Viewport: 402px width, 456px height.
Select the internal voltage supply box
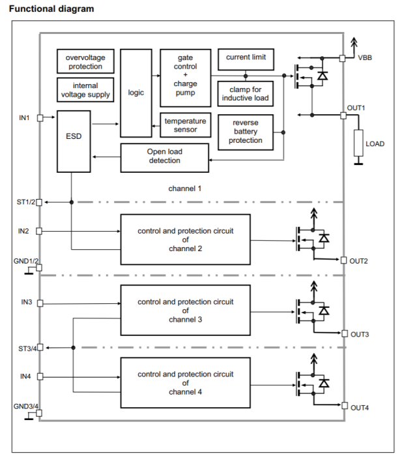[85, 89]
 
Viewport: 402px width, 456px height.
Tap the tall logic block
[136, 92]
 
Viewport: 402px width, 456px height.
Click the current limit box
[246, 58]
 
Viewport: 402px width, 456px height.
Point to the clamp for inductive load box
[246, 93]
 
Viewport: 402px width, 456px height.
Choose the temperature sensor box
[185, 126]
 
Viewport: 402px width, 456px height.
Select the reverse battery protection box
[246, 131]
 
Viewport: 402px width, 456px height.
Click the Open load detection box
[164, 156]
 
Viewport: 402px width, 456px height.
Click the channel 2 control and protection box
[185, 239]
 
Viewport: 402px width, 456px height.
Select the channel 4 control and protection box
[185, 382]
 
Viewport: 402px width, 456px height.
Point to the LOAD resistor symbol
[358, 144]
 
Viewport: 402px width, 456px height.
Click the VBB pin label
[366, 58]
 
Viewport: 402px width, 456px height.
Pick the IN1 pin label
[25, 118]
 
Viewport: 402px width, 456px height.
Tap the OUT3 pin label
[360, 334]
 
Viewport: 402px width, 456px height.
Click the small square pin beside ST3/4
[40, 348]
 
